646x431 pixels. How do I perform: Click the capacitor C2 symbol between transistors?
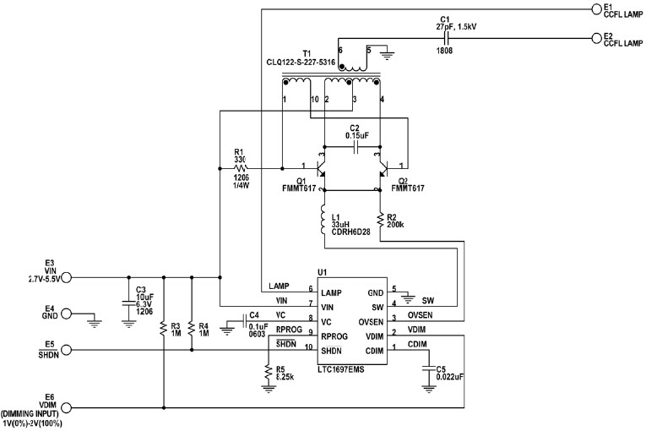(x=355, y=146)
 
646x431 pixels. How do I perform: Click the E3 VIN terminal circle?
(x=68, y=277)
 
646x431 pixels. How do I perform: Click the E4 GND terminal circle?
(x=68, y=314)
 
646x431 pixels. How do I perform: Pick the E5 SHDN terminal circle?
(x=68, y=348)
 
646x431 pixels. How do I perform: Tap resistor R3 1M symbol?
(x=163, y=326)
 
